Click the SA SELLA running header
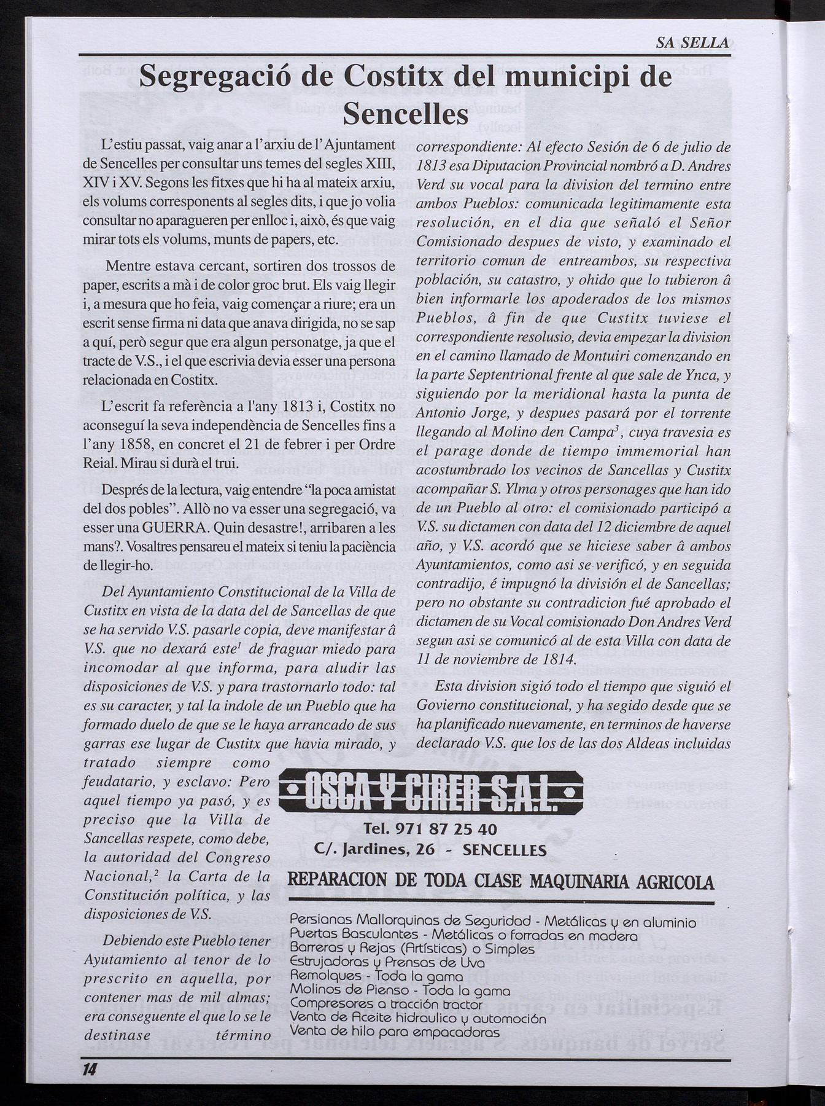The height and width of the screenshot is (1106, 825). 692,43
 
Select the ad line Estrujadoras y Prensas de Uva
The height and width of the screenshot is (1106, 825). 379,962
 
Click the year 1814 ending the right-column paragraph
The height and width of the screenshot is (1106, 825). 556,659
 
